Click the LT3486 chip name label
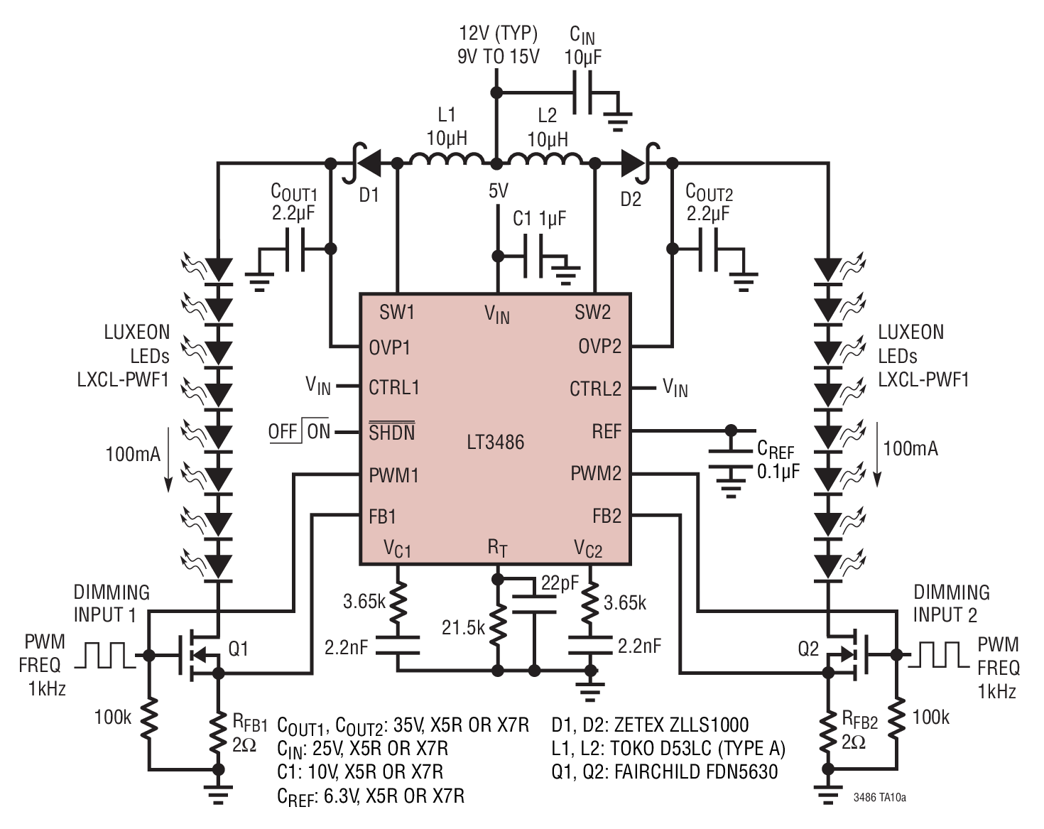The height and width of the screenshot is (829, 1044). tap(495, 442)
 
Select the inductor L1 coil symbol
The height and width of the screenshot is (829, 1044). tap(446, 160)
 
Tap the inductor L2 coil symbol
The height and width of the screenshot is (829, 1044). tap(545, 160)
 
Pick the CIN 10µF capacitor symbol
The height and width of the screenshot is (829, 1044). tap(582, 93)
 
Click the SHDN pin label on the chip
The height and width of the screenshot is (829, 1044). tap(391, 431)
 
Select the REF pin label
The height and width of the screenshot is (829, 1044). tap(607, 431)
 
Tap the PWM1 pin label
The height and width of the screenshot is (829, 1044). tap(393, 475)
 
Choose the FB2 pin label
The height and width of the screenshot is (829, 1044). tap(607, 516)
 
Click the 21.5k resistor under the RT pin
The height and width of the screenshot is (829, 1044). tap(497, 627)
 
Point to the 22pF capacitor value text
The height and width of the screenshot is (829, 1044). tap(560, 583)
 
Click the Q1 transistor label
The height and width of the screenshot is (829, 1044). tap(238, 649)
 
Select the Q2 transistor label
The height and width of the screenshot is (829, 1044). tap(808, 649)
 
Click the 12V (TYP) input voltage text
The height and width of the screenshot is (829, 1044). tap(499, 33)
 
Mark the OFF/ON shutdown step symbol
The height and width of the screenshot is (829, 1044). tap(299, 430)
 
